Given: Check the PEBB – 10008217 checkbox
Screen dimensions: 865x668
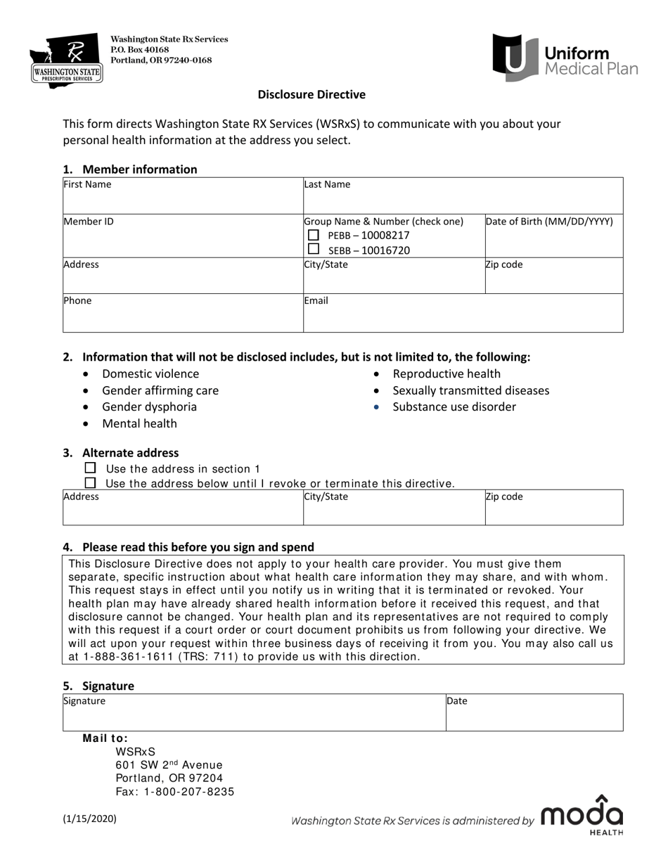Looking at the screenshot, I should point(314,235).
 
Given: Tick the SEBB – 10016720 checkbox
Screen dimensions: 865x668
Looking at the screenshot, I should point(314,250).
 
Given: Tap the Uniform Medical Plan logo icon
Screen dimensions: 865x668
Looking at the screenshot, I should point(517,58).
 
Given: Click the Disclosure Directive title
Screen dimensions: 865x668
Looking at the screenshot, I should point(311,94).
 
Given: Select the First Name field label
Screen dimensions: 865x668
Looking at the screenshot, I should point(87,185).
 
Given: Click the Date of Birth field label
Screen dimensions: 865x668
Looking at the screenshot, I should point(549,222).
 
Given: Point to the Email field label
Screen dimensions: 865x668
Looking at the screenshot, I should point(316,300).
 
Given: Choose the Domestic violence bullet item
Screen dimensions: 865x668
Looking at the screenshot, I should point(150,374).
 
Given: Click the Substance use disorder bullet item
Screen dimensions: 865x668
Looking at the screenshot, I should point(454,407).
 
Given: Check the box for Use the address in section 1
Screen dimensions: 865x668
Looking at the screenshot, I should point(90,468).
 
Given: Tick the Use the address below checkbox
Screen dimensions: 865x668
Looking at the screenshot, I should point(90,483).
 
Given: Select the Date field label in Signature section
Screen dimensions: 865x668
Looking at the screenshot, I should point(457,701).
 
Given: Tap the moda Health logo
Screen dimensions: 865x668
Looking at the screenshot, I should point(582,816).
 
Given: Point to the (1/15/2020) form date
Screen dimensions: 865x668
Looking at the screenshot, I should point(90,819).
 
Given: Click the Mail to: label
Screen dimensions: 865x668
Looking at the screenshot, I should point(105,738).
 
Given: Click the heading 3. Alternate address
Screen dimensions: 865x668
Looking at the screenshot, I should point(130,453).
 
